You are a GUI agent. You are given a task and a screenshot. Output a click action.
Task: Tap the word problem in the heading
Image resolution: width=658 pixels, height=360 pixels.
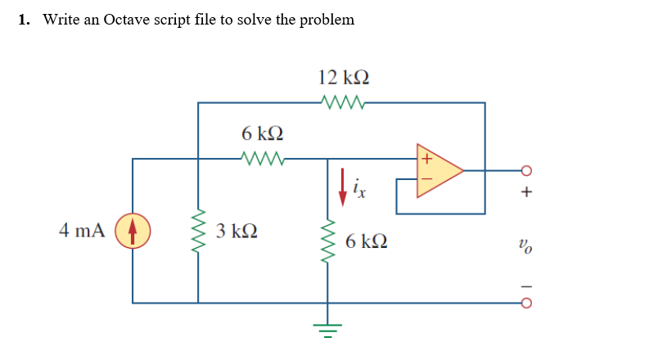tap(327, 20)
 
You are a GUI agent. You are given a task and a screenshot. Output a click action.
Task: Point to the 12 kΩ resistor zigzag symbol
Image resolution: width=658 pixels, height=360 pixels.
tap(343, 103)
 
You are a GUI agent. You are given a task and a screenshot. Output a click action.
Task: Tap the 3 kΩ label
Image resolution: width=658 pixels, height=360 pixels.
tap(237, 230)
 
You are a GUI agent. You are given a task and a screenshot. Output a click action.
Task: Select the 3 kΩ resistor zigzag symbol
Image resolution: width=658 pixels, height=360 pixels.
tap(197, 231)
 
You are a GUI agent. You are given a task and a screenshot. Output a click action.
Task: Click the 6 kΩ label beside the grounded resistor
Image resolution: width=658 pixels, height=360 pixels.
tap(367, 241)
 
